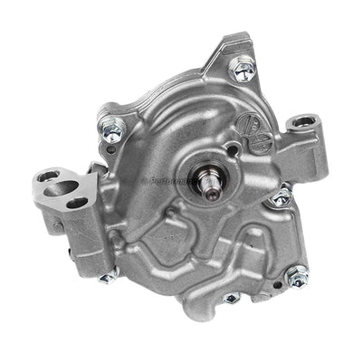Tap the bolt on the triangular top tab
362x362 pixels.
click(241, 65)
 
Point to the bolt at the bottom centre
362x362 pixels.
click(232, 297)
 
